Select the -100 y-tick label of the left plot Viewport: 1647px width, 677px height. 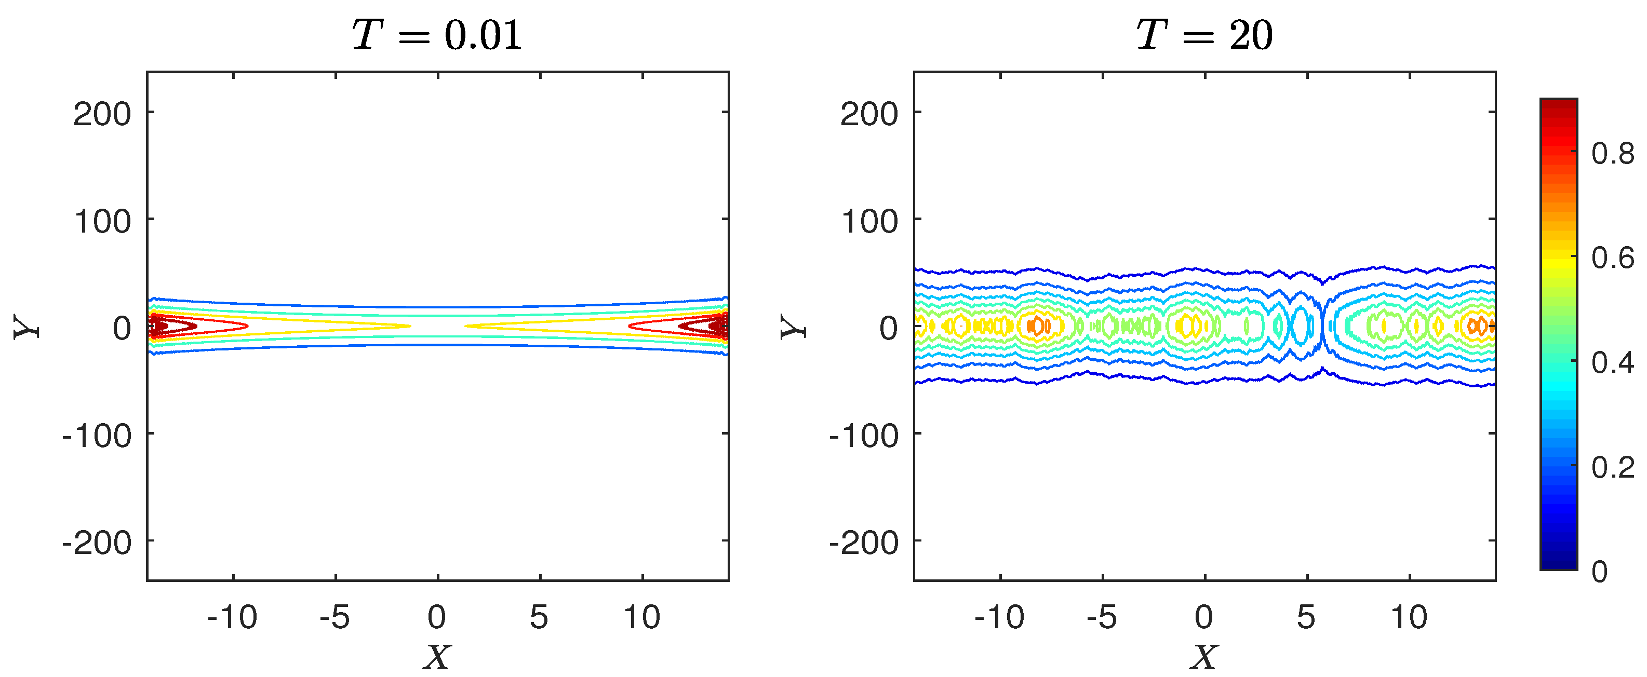97,437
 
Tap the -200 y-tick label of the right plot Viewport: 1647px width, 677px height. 864,544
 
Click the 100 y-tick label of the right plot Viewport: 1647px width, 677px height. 869,222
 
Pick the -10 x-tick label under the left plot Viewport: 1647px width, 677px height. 232,617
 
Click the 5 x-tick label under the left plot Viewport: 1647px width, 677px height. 539,617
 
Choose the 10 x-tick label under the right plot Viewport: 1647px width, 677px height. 1409,617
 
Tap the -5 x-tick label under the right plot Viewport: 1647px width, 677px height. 1102,617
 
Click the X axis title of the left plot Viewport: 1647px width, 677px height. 437,657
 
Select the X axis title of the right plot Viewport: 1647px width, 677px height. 1204,657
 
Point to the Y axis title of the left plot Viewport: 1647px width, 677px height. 27,327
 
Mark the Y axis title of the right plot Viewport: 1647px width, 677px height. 794,327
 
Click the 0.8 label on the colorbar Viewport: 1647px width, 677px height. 1613,154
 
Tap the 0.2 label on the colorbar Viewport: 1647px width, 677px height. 1613,467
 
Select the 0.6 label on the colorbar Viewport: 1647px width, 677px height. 1613,258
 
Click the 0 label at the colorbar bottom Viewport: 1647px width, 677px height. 1600,572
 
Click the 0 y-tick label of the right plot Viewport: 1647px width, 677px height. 889,329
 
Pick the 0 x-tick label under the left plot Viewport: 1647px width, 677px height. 437,617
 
